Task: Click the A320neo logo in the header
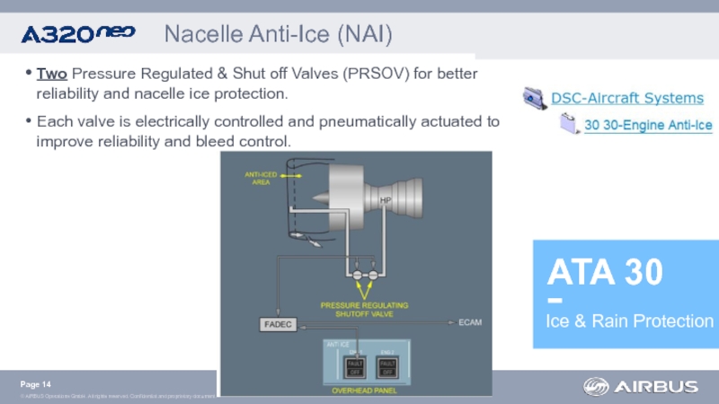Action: point(77,35)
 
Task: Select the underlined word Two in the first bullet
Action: point(50,73)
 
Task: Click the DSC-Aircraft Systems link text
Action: point(626,98)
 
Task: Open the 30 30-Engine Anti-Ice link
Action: point(648,126)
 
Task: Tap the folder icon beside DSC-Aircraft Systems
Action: point(534,97)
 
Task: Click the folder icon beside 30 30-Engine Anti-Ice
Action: point(569,125)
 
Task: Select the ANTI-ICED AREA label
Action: point(261,179)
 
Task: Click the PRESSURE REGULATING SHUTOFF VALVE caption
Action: point(364,309)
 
